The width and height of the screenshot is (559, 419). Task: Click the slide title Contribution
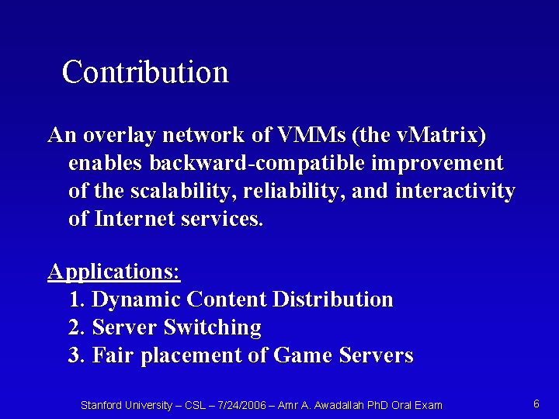145,72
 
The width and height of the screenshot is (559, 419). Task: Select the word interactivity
455,191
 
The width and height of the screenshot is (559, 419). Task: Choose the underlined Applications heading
114,272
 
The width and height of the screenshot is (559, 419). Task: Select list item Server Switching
176,327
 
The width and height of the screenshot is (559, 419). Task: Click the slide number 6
536,403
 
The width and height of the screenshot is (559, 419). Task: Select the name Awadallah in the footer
342,405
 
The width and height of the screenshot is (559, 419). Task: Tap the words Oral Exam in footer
417,405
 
